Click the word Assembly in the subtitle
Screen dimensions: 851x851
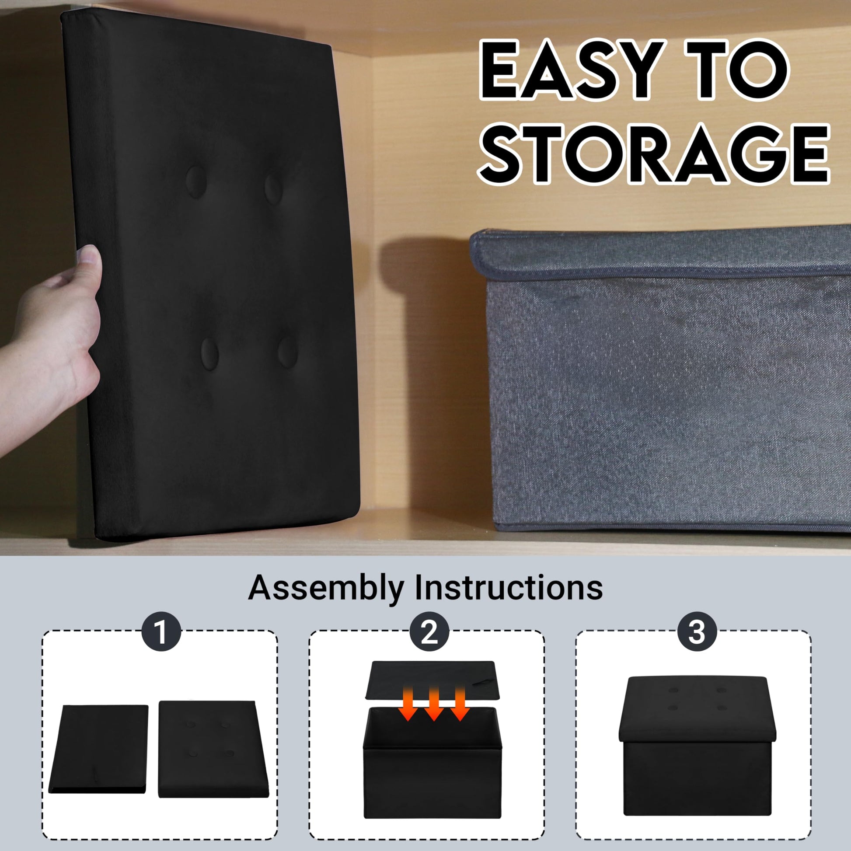pyautogui.click(x=326, y=589)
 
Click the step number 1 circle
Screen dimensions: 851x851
pyautogui.click(x=161, y=632)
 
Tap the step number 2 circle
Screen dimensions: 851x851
pyautogui.click(x=429, y=632)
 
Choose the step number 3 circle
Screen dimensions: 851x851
pyautogui.click(x=697, y=632)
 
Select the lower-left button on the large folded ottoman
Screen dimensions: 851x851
pyautogui.click(x=210, y=354)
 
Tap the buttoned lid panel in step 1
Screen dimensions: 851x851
pyautogui.click(x=213, y=749)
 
